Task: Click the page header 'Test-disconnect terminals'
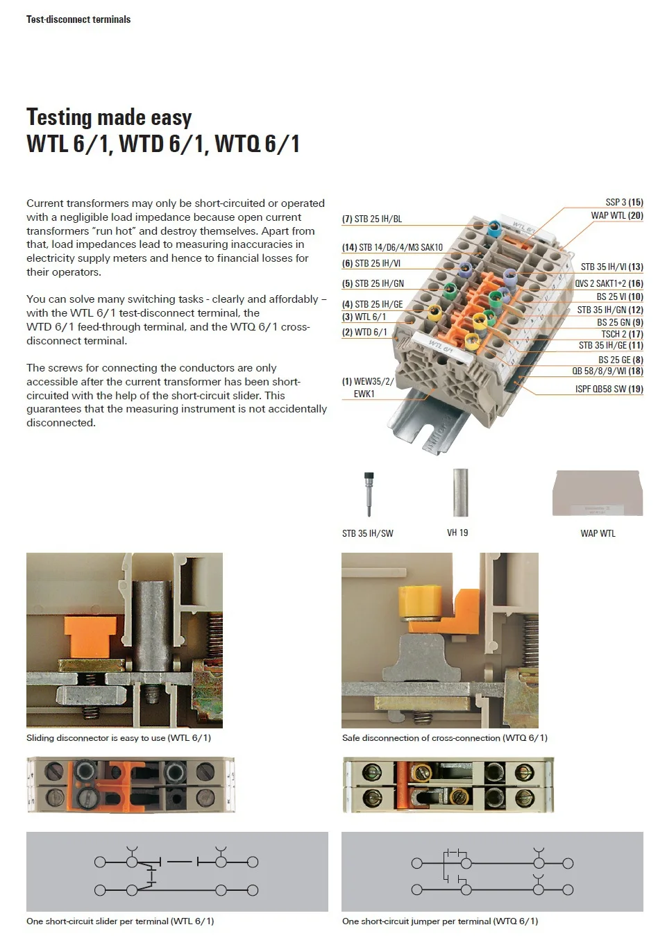[78, 19]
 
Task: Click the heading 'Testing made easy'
[109, 117]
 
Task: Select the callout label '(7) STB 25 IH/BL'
[371, 219]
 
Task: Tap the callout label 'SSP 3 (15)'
[624, 202]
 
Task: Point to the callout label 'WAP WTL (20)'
[616, 215]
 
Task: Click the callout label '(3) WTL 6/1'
[364, 317]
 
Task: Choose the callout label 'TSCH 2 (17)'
[622, 334]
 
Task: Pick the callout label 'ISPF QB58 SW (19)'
[609, 389]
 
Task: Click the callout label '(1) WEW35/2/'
[367, 381]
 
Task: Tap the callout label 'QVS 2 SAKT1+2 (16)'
[608, 283]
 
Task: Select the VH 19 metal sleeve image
[459, 492]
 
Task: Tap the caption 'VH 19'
[457, 533]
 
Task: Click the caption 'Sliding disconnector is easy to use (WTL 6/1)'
[119, 737]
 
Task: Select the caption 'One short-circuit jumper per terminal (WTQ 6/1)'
[439, 921]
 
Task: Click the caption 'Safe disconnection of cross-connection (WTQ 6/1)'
[444, 737]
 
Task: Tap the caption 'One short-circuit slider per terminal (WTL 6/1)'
[120, 921]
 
